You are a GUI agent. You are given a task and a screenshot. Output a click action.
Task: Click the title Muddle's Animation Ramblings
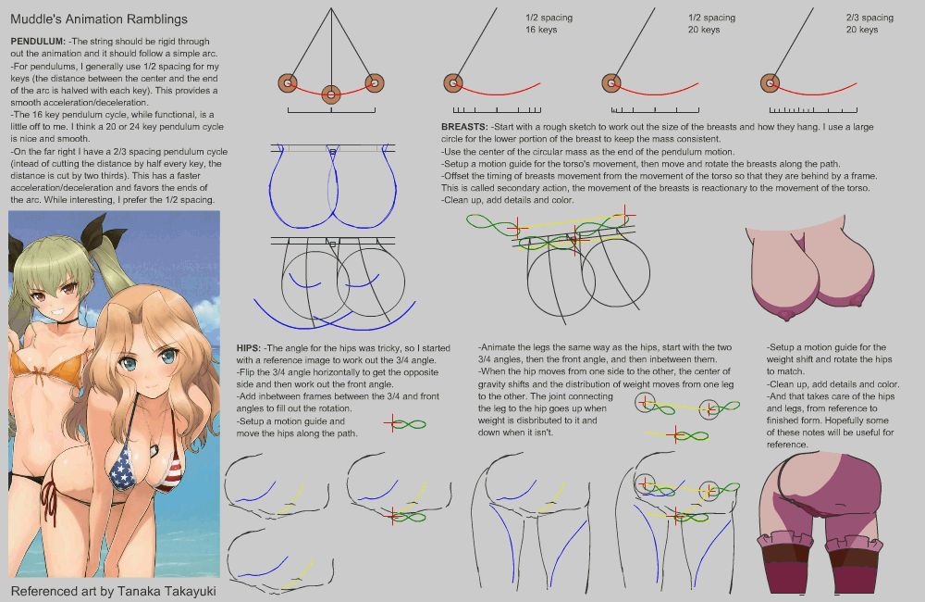pyautogui.click(x=99, y=19)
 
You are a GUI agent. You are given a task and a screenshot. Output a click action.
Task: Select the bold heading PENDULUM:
pyautogui.click(x=38, y=42)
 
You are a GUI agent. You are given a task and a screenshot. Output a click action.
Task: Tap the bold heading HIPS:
pyautogui.click(x=249, y=348)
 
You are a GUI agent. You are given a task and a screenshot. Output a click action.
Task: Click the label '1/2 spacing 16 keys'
pyautogui.click(x=549, y=24)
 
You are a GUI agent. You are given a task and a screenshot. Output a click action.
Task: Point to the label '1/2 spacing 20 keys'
pyautogui.click(x=711, y=24)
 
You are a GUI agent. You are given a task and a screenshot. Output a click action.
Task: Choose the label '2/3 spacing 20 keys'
pyautogui.click(x=869, y=24)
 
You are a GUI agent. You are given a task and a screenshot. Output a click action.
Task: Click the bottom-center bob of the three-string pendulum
pyautogui.click(x=331, y=94)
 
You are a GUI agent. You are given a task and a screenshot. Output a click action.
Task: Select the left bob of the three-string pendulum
pyautogui.click(x=288, y=83)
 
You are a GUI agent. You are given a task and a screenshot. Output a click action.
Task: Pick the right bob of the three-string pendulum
pyautogui.click(x=375, y=83)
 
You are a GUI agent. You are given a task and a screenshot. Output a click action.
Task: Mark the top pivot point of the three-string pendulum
pyautogui.click(x=331, y=8)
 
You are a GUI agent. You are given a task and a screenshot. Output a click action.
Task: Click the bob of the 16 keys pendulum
pyautogui.click(x=453, y=83)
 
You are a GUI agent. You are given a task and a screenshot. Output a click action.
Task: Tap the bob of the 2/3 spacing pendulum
pyautogui.click(x=770, y=83)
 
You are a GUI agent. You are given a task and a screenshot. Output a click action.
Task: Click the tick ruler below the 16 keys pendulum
pyautogui.click(x=497, y=110)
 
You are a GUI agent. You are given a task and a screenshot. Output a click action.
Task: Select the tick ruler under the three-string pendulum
pyautogui.click(x=331, y=110)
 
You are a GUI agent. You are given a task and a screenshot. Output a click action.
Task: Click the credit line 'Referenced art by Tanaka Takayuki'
pyautogui.click(x=113, y=592)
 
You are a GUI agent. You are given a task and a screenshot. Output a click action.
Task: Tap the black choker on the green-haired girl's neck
pyautogui.click(x=70, y=320)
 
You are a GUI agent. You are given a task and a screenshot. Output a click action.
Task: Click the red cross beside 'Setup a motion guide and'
pyautogui.click(x=392, y=423)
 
